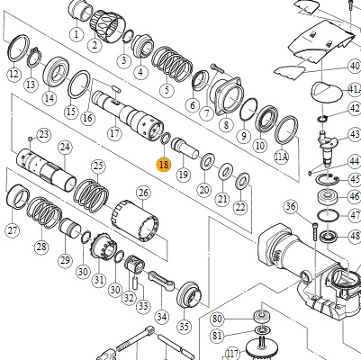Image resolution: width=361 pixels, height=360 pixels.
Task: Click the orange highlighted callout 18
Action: pos(164,165)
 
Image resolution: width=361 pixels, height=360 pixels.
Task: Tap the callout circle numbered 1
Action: pos(76,33)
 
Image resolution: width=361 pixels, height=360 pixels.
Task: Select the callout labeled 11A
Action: pos(281,157)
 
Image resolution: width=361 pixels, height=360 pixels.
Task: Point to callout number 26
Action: pos(143,193)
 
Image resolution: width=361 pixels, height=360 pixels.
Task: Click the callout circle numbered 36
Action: pos(291,207)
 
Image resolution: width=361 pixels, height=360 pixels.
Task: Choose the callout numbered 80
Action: pos(217,319)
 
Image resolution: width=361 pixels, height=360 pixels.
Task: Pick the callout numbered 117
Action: pos(232,354)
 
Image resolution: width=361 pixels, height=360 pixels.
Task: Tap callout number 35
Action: pos(185,326)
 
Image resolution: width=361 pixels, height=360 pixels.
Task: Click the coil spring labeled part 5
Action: pos(172,65)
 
